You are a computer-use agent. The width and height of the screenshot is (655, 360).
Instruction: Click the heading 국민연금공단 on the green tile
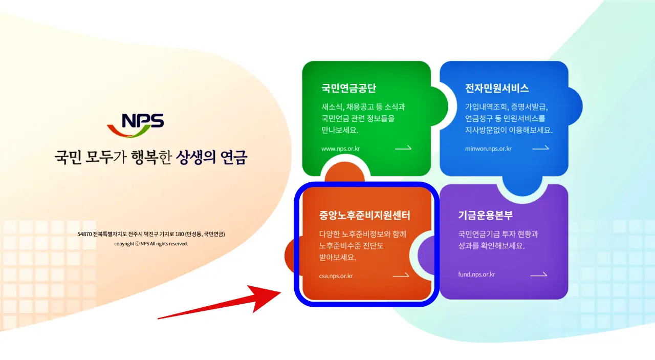(x=349, y=88)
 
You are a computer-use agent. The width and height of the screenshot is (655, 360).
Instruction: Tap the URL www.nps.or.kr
(x=341, y=149)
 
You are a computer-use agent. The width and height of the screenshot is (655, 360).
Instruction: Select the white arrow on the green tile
(x=403, y=149)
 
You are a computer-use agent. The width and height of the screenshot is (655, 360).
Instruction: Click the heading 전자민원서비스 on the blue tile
(x=497, y=88)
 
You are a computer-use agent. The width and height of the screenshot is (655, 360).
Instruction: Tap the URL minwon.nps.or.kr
(x=488, y=149)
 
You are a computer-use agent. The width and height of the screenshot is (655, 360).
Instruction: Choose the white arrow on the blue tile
(x=540, y=149)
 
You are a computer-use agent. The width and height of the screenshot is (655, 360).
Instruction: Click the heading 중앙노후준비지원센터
(x=364, y=216)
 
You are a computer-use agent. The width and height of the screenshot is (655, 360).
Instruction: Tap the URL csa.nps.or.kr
(x=336, y=277)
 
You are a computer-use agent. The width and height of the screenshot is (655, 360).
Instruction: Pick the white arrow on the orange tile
(x=401, y=276)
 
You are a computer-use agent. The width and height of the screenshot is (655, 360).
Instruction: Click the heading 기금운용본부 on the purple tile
(x=485, y=216)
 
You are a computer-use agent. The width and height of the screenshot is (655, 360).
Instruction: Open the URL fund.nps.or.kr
(x=476, y=274)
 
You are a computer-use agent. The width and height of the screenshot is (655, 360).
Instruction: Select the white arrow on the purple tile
(x=538, y=275)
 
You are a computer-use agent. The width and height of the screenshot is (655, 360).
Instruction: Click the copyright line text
(x=151, y=244)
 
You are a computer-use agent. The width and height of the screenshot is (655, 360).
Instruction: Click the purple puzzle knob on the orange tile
(x=427, y=255)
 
